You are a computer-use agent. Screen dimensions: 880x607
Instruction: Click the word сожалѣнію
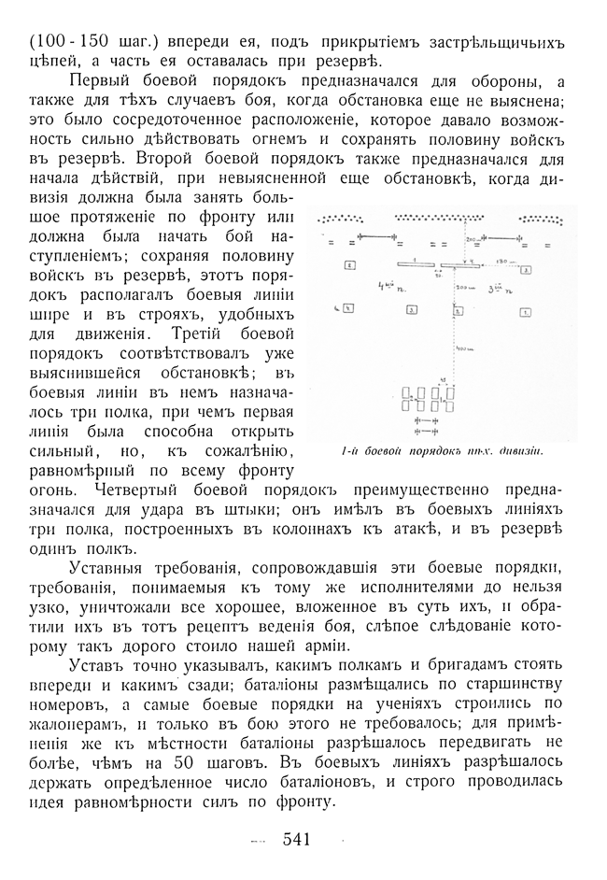click(x=259, y=453)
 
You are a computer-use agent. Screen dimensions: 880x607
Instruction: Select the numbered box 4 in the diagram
click(x=347, y=307)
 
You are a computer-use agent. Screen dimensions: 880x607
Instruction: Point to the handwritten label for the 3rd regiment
click(x=496, y=289)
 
